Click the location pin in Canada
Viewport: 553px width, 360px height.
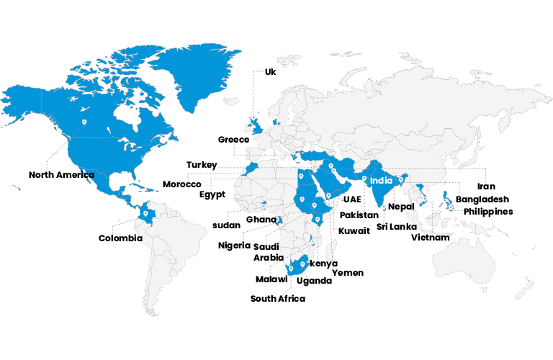tap(84, 122)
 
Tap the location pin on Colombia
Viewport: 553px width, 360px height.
tap(145, 213)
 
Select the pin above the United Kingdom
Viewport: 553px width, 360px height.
tap(253, 117)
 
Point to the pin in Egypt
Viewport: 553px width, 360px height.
tap(301, 176)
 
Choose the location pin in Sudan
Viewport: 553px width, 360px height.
tap(302, 199)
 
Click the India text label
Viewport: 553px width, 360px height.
tap(381, 181)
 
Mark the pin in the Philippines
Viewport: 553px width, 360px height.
tap(450, 207)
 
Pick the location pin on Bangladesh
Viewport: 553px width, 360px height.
tap(401, 179)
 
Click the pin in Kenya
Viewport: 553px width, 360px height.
tap(318, 219)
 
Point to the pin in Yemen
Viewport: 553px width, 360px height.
tap(328, 195)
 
